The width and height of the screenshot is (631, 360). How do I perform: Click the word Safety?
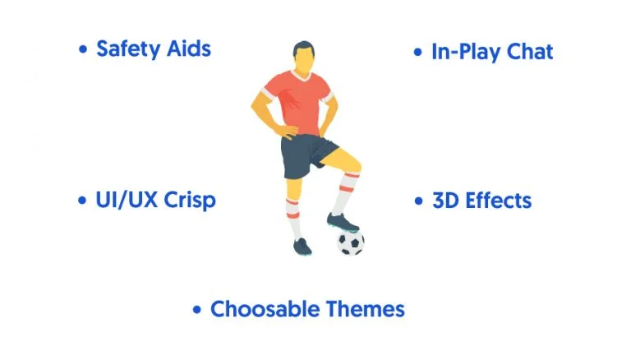128,49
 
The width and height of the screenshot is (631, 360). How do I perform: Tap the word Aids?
189,48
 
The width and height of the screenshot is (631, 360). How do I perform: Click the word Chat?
530,52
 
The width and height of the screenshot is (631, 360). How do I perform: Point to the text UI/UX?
127,200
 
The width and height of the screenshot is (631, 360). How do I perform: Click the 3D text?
445,201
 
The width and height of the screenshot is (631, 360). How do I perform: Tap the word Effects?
498,201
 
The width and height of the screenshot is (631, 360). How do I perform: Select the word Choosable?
265,309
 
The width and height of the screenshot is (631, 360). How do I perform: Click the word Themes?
366,309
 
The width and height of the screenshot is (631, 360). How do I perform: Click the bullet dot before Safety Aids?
83,49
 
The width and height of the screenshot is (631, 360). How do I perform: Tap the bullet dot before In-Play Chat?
418,52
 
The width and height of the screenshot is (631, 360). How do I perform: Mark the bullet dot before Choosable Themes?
197,310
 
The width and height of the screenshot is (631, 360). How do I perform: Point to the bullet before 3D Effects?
419,201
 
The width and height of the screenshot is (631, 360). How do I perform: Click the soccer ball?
351,242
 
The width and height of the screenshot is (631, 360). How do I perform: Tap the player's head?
304,58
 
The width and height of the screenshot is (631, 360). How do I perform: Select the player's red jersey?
298,101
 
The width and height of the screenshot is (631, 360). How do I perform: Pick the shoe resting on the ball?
342,222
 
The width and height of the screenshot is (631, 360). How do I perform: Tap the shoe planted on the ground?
302,246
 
